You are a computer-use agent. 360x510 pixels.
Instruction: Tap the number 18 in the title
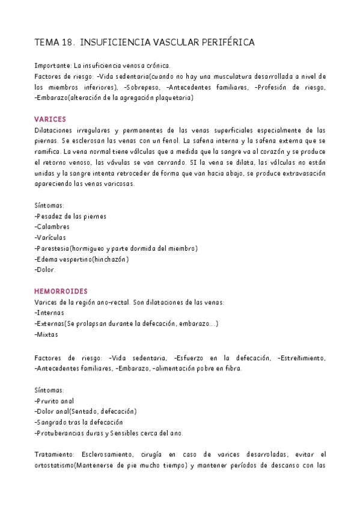67,43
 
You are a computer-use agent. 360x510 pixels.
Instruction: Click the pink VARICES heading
50,119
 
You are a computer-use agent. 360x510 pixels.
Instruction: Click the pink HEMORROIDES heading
61,290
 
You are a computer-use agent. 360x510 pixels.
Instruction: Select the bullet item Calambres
53,227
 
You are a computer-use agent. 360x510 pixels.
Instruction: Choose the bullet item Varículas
52,238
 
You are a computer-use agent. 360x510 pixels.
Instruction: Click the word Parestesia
53,248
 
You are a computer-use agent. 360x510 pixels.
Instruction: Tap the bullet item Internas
50,313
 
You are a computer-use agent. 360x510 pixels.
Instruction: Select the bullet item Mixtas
48,334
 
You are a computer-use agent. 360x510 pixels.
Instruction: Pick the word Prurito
49,401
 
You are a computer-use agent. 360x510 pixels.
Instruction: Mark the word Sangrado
53,422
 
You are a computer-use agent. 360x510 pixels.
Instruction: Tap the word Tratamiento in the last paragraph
55,455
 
